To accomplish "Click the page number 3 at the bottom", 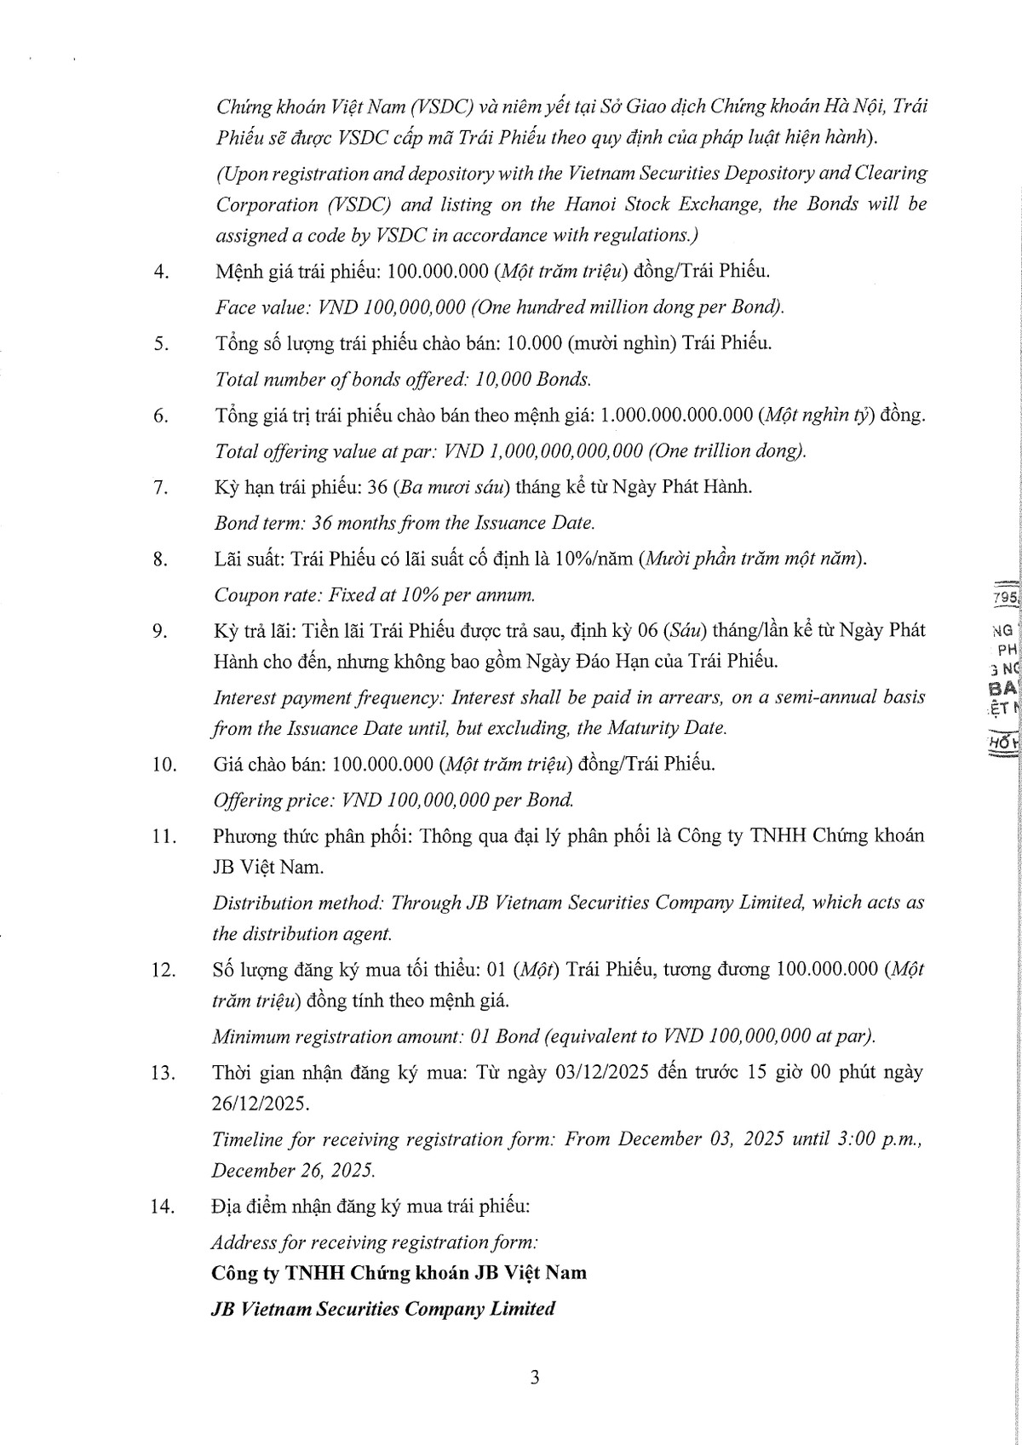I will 534,1378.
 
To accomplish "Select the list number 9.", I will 158,631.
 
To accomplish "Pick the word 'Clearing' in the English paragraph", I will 889,174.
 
